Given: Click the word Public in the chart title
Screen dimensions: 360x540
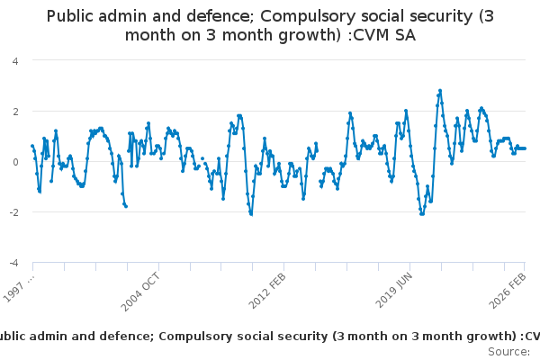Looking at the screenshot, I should coord(73,15).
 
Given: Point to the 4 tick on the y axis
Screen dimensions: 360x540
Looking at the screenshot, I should coord(15,60).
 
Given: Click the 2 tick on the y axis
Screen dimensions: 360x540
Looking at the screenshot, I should coord(15,111).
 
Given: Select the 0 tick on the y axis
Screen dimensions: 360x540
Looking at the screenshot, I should coord(15,162).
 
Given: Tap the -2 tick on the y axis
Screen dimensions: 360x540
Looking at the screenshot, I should coord(13,212).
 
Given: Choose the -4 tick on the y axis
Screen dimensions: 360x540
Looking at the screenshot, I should coord(13,263).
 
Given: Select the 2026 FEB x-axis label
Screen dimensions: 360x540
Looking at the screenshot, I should coord(508,289).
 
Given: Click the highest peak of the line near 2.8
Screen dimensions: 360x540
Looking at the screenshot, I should coord(440,90).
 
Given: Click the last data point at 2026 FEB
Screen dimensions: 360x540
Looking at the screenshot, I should coord(526,148).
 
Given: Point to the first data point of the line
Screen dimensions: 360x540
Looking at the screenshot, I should coord(32,146).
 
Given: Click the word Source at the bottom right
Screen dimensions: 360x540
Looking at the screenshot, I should coord(508,351).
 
